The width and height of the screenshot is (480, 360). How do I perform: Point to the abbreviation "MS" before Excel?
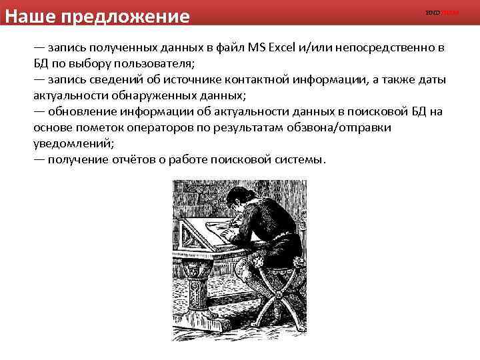pyautogui.click(x=255, y=48)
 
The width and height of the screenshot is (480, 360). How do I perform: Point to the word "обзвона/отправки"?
pyautogui.click(x=347, y=127)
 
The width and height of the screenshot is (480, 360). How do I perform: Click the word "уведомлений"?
pyautogui.click(x=74, y=143)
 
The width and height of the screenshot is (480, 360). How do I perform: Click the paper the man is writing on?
pyautogui.click(x=213, y=230)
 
